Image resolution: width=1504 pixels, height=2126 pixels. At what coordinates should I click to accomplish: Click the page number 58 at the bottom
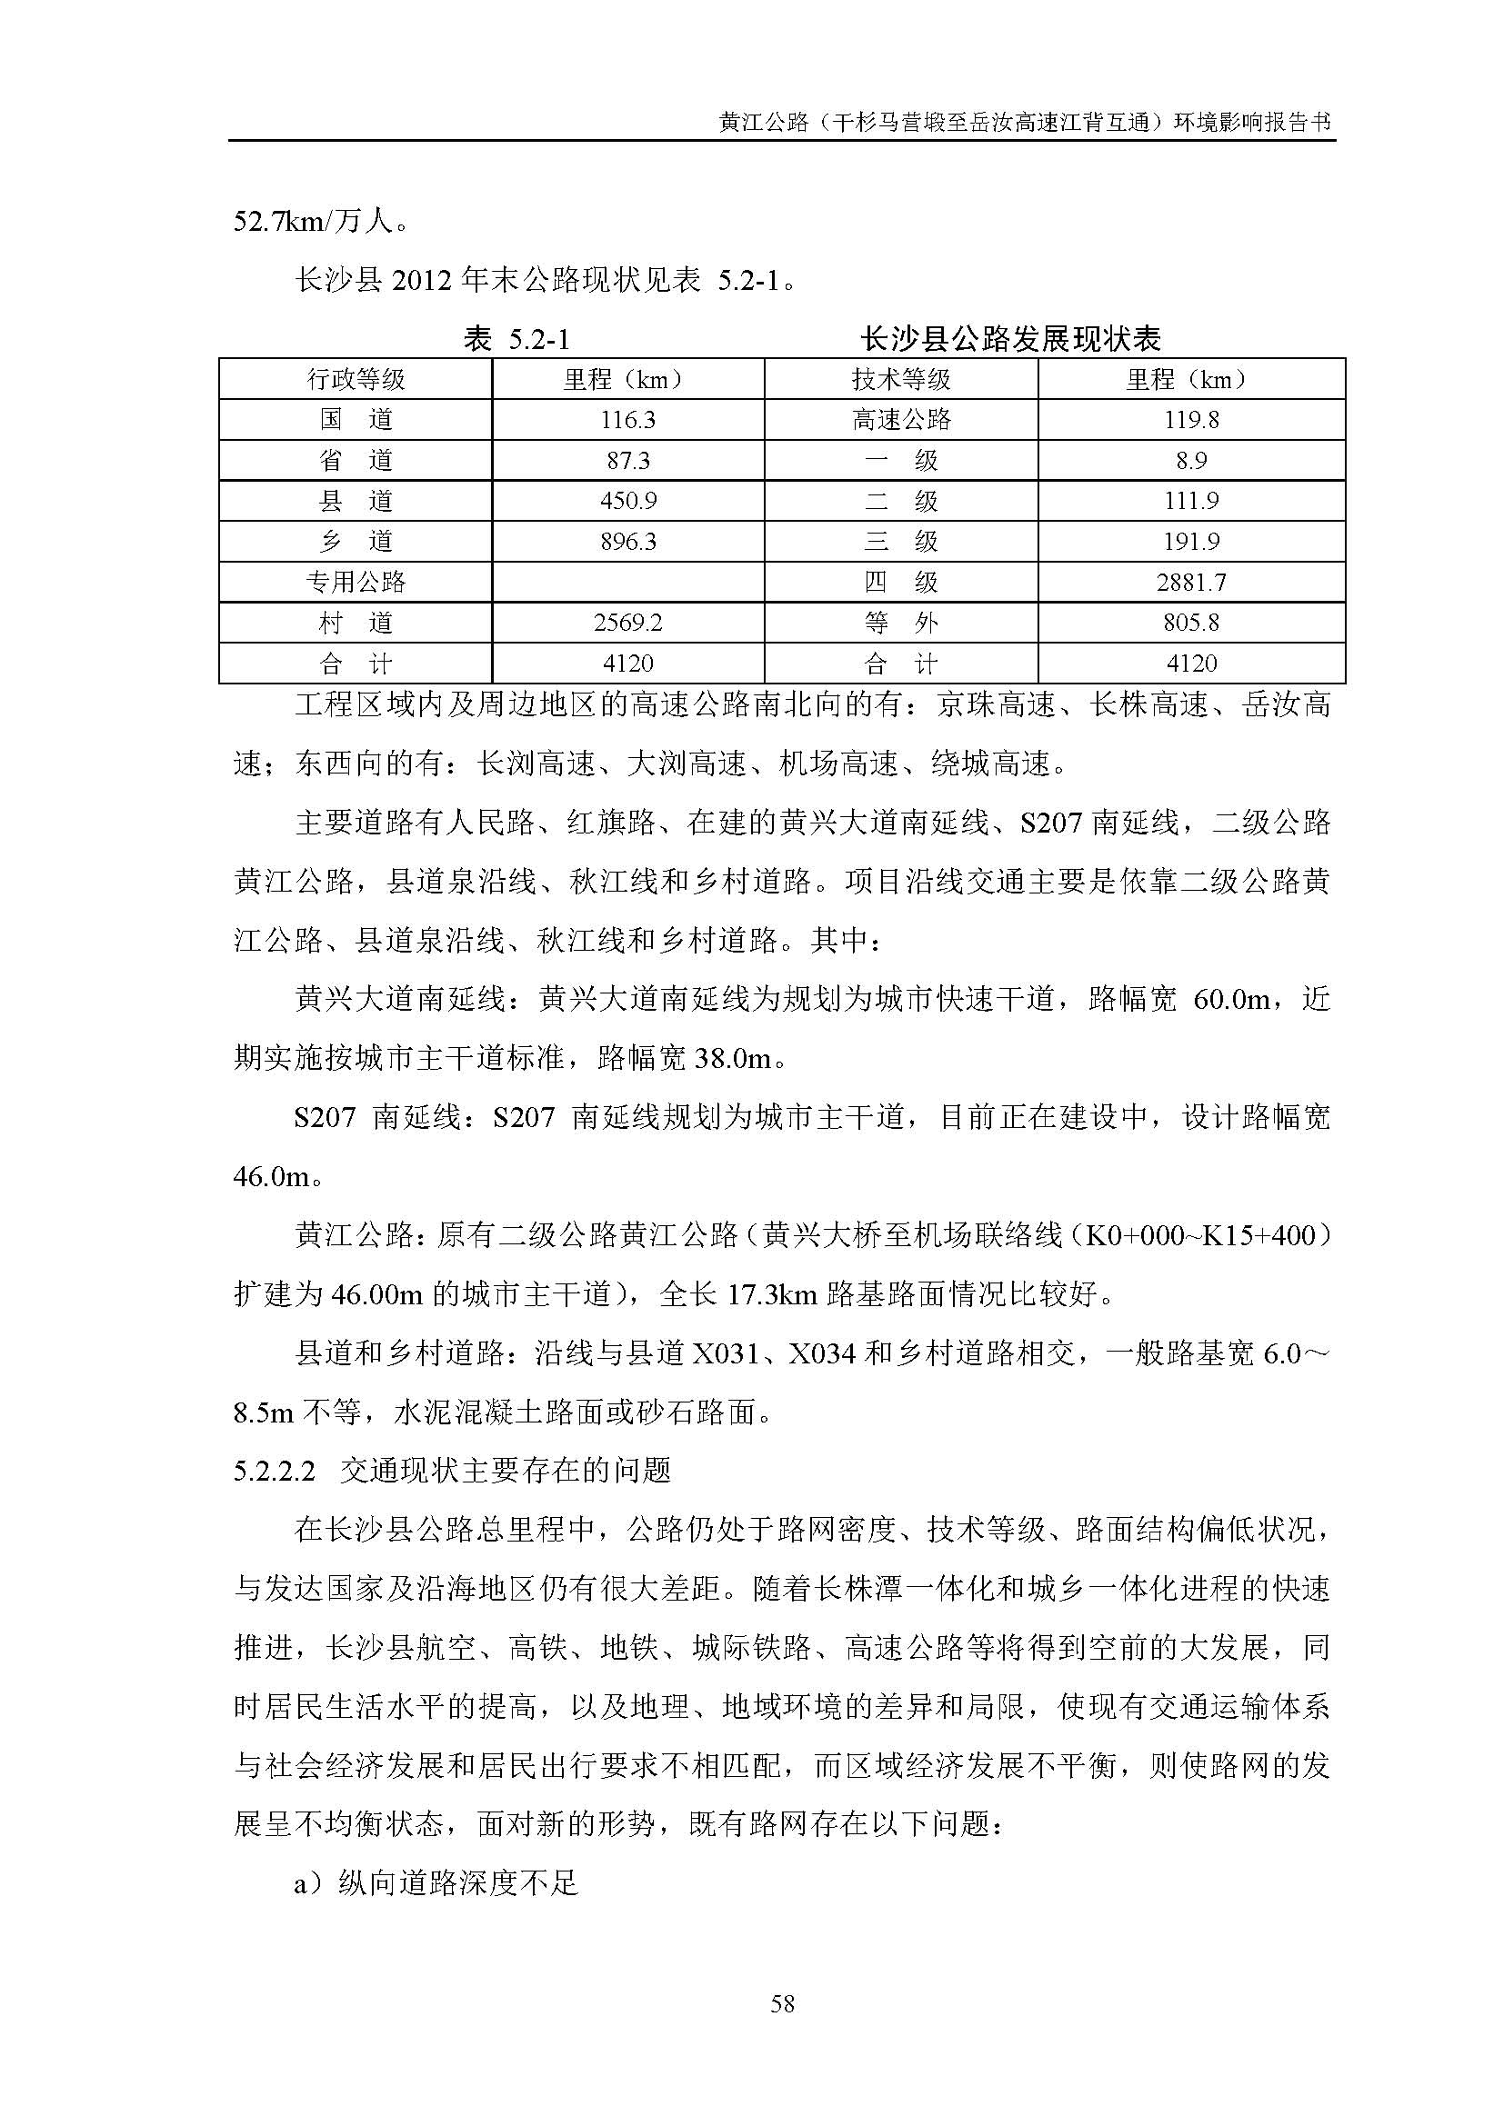pos(782,2005)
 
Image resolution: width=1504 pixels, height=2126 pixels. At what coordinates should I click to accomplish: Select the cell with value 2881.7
pos(1191,583)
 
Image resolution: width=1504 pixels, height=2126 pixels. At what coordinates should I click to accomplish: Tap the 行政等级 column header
pos(356,380)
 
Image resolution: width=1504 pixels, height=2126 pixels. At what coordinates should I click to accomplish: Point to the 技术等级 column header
pos(901,380)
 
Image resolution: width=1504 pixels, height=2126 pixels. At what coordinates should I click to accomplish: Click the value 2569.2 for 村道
pos(627,624)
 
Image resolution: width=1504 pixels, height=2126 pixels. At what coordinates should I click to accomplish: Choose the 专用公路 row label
pos(356,583)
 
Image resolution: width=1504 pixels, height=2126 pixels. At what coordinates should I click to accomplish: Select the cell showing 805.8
pos(1191,624)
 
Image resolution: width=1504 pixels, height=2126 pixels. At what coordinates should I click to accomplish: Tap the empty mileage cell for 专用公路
pos(627,583)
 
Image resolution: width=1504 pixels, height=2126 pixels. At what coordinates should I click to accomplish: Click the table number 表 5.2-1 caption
pos(516,340)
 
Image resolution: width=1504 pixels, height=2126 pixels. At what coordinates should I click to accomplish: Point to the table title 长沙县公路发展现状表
pos(1010,340)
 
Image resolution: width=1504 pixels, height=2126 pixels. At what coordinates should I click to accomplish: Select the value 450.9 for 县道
pos(627,501)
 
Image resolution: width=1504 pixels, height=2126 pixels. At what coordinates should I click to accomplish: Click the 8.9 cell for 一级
pos(1191,461)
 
